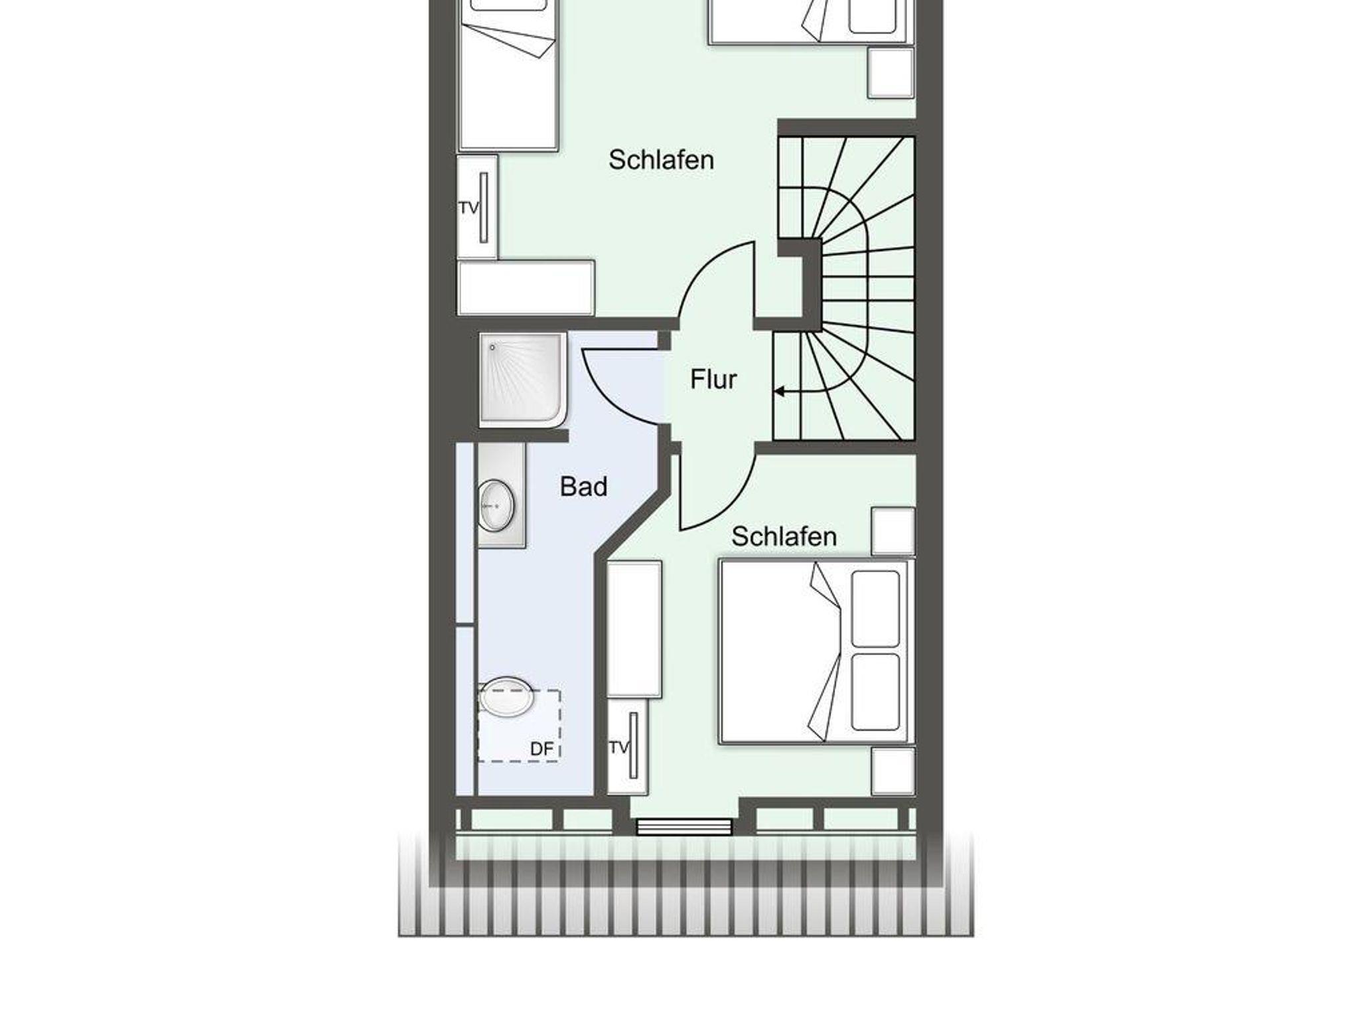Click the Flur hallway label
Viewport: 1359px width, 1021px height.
pos(713,379)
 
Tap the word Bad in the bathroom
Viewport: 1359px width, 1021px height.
pos(583,487)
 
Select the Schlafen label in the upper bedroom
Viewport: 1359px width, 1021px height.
pos(661,160)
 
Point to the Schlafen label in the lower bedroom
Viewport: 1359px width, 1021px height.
pos(784,536)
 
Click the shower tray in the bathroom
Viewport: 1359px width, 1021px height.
pos(523,380)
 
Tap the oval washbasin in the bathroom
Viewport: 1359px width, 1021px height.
pos(496,505)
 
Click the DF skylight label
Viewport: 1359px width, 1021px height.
pos(541,749)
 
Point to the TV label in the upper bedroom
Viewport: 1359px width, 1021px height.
pos(468,208)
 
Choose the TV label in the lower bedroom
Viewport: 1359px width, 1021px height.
pos(618,747)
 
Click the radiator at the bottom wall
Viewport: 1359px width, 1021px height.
pos(684,827)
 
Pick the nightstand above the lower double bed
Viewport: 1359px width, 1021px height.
pos(893,531)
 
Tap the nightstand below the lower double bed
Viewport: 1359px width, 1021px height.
pos(893,771)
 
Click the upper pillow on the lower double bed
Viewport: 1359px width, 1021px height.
pos(875,609)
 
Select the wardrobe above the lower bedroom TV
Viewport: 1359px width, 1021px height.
pos(634,629)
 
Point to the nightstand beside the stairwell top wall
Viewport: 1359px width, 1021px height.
pos(891,73)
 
